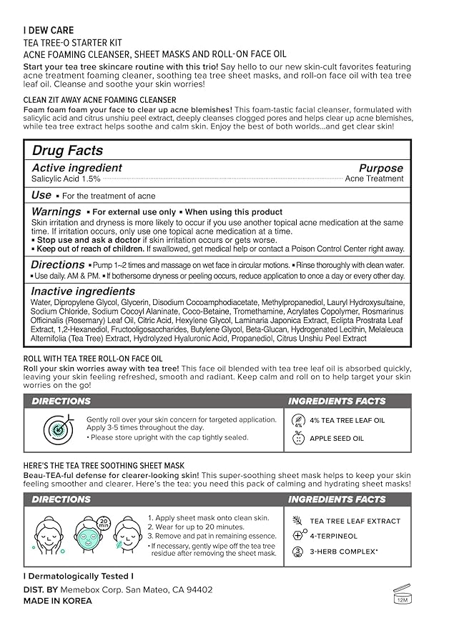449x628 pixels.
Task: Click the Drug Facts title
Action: [x=68, y=151]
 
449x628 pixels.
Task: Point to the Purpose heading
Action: [x=380, y=168]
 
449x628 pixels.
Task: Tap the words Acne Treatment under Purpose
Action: [x=374, y=179]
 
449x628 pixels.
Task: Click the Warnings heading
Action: [x=56, y=211]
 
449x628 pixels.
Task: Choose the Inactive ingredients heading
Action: [x=83, y=291]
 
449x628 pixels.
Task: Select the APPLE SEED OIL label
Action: [x=337, y=438]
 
